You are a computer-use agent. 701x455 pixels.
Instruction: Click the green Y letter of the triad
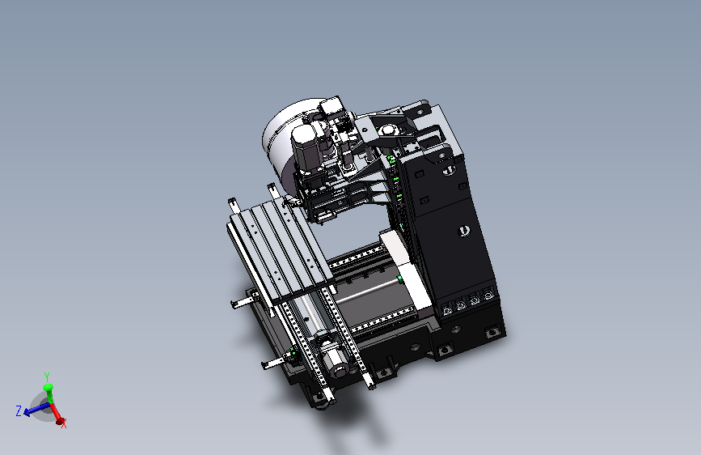point(47,377)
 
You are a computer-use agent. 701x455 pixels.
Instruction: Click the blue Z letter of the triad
point(19,410)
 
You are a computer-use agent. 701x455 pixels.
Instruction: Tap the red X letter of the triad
point(64,423)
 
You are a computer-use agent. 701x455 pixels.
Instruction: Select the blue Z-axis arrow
point(36,409)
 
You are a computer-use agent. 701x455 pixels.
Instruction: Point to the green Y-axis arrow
point(48,393)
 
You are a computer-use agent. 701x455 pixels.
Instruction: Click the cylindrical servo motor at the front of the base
point(336,362)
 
